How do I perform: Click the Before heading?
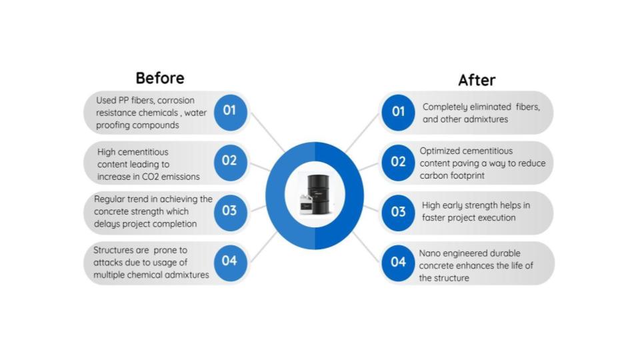click(160, 78)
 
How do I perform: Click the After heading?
click(477, 80)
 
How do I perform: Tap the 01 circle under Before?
click(230, 112)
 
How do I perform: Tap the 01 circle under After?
click(398, 112)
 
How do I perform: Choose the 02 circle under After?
click(398, 163)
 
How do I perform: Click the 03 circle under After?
click(398, 213)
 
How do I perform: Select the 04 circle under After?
click(398, 263)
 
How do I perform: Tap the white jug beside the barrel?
click(306, 204)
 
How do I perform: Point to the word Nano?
click(429, 253)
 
